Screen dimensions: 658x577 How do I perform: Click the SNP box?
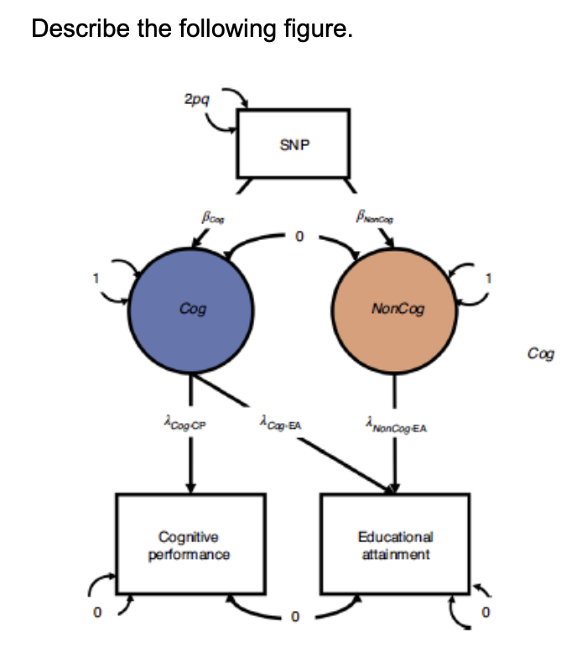[294, 144]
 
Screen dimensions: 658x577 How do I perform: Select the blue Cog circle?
[193, 309]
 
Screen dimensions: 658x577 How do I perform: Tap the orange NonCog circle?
[396, 309]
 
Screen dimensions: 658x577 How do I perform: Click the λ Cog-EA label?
[281, 426]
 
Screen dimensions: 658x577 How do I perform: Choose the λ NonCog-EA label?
[397, 426]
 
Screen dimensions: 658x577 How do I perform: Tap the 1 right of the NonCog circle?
[491, 278]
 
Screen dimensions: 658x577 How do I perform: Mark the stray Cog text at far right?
[541, 353]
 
